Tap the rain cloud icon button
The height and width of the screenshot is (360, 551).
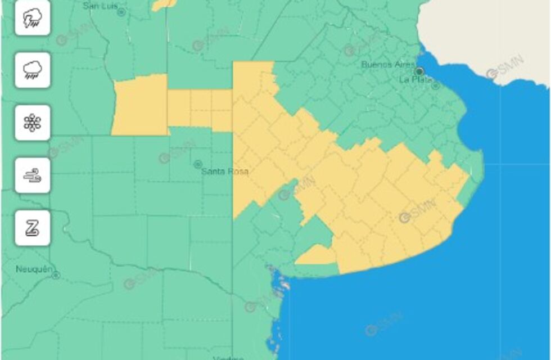(33, 70)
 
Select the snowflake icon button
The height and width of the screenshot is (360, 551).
(33, 123)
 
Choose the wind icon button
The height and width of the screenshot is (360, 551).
(33, 175)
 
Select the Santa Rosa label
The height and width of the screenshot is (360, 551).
(225, 172)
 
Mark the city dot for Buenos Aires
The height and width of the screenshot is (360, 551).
(419, 71)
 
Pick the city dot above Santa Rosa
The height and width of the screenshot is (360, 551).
(197, 164)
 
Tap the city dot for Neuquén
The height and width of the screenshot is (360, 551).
(56, 275)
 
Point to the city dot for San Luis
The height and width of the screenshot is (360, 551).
(120, 12)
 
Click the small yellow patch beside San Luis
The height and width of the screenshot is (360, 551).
(163, 4)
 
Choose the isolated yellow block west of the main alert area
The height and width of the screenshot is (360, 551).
(140, 106)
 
